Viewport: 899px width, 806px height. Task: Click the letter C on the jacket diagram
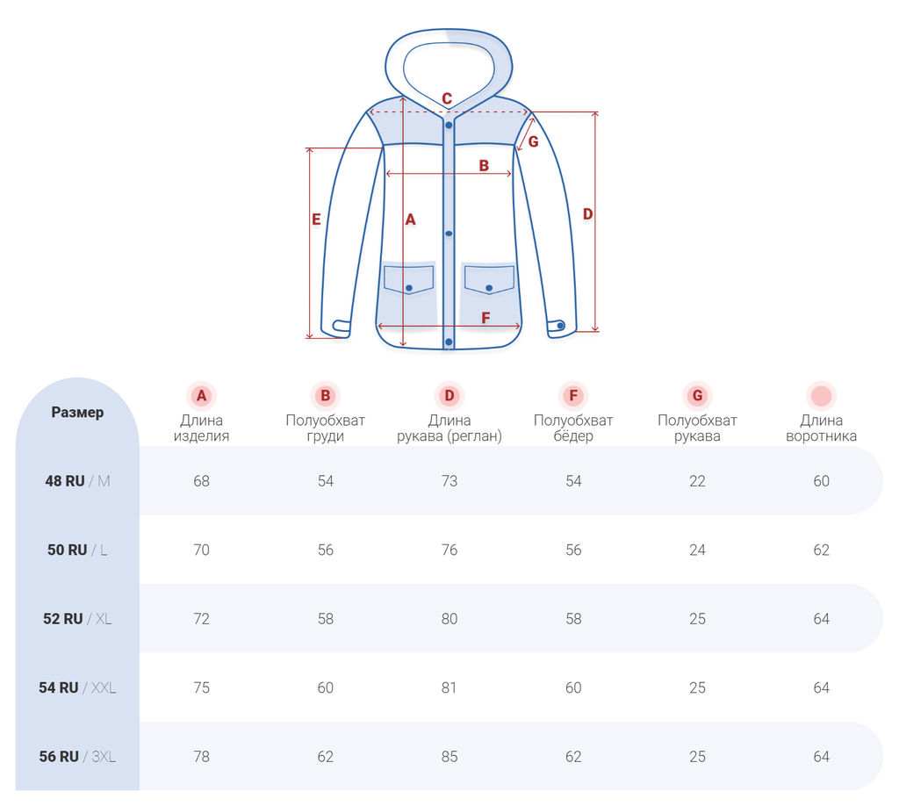(x=447, y=99)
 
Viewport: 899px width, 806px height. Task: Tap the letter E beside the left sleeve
(x=316, y=220)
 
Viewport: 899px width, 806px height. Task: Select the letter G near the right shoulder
(x=533, y=141)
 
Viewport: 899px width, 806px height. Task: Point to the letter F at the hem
(x=485, y=318)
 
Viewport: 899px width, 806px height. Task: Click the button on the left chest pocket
(x=408, y=288)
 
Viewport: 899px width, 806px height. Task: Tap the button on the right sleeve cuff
(x=560, y=326)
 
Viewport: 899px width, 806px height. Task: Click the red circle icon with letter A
(x=201, y=396)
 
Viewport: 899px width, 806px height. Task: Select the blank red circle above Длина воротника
(x=821, y=396)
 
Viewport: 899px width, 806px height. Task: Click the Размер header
(x=77, y=413)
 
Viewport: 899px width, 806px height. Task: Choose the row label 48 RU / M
(x=77, y=481)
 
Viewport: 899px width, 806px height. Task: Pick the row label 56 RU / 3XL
(x=77, y=757)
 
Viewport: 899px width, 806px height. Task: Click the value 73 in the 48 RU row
(x=449, y=481)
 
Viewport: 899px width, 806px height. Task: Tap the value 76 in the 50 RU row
(x=449, y=551)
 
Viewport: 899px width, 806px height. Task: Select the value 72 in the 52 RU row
(x=201, y=619)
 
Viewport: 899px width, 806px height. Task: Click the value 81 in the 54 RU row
(x=449, y=688)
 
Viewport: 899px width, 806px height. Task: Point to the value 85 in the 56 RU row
(x=449, y=757)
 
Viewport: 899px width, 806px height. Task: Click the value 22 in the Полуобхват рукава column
(x=697, y=481)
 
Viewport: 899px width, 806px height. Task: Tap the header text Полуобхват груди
(x=326, y=428)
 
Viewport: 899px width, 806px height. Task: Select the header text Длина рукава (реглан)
(x=449, y=428)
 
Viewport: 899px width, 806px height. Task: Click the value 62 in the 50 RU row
(x=821, y=551)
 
